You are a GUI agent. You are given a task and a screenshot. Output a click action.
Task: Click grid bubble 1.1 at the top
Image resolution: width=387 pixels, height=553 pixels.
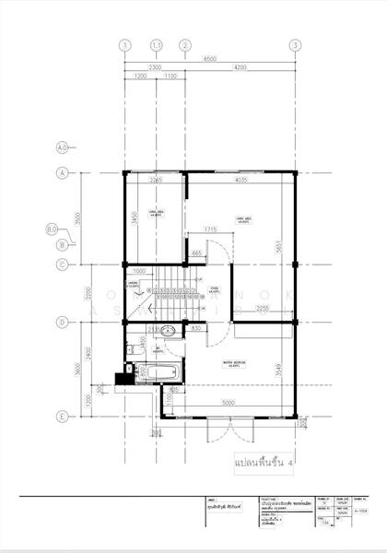[157, 44]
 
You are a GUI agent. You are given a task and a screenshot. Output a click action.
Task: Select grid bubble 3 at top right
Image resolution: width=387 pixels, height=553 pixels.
[294, 44]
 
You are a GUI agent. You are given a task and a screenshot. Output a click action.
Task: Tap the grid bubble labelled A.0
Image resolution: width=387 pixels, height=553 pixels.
[63, 147]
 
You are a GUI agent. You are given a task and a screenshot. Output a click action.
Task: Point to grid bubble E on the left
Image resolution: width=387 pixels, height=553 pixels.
[63, 417]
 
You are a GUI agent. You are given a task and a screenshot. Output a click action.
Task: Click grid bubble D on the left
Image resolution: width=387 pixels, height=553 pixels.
[63, 322]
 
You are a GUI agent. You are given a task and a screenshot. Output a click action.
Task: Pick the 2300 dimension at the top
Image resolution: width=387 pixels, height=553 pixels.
[154, 67]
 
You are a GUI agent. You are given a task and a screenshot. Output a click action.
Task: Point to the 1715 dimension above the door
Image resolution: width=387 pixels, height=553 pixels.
[210, 229]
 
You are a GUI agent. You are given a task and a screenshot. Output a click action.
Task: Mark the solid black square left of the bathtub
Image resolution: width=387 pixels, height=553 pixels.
[119, 376]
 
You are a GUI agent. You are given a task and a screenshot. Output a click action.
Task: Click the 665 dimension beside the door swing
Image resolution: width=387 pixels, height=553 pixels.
[196, 253]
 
